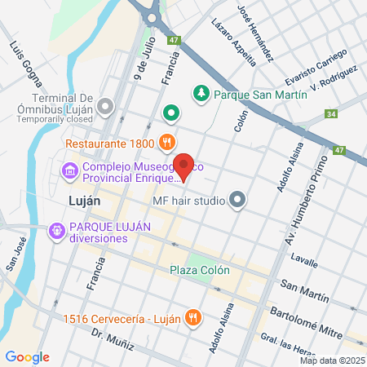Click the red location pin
[184, 166]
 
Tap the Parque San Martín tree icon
[201, 94]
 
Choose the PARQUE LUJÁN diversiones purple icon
[56, 231]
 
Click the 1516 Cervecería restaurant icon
[192, 317]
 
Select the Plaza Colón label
[200, 270]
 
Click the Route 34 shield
[329, 115]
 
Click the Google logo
[28, 356]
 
